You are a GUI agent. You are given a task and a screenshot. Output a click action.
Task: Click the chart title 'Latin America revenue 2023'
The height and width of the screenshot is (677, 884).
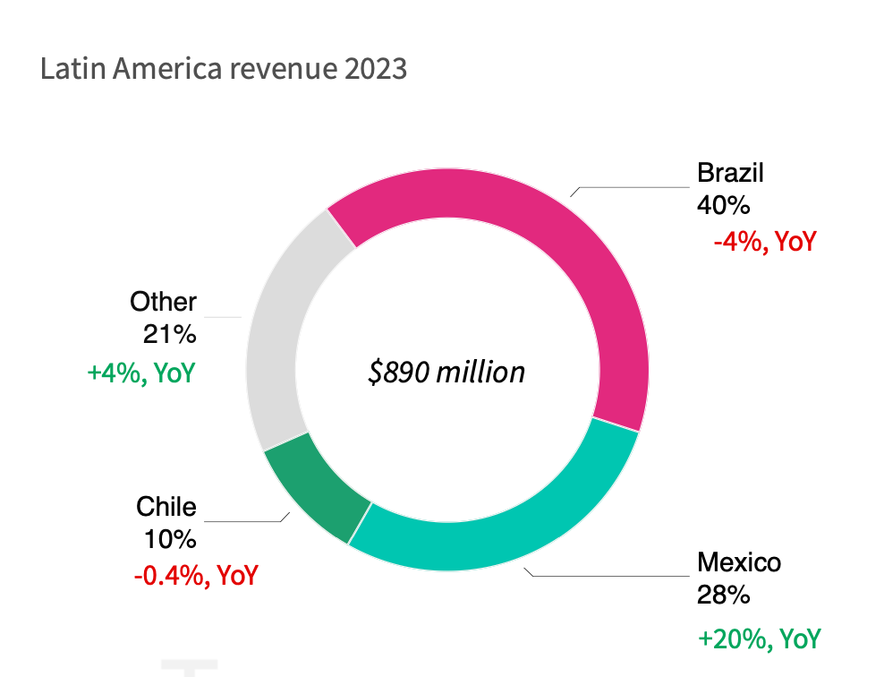224,69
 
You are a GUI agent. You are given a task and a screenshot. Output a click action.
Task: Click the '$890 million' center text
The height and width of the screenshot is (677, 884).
446,372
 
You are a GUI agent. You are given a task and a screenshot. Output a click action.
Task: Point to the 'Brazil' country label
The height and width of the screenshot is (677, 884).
730,172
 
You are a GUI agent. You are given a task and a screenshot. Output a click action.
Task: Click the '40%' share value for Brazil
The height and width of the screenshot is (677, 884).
723,205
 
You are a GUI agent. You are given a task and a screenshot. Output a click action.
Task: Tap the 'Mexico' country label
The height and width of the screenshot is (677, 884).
739,562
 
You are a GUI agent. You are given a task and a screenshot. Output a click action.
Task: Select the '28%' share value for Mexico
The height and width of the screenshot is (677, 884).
723,595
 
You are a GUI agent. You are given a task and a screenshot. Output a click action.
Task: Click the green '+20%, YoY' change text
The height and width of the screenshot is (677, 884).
759,638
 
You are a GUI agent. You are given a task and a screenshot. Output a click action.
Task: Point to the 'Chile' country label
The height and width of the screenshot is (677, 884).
166,507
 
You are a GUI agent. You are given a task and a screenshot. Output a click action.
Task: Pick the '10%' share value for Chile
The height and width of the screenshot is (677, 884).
169,540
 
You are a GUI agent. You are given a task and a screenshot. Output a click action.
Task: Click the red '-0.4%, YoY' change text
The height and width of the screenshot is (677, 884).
196,575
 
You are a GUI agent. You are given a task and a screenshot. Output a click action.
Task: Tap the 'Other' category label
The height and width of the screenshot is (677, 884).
163,301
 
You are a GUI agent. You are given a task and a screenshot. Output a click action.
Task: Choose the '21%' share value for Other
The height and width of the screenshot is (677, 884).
169,334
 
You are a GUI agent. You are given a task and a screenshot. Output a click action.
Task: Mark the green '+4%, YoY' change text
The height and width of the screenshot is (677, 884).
140,372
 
